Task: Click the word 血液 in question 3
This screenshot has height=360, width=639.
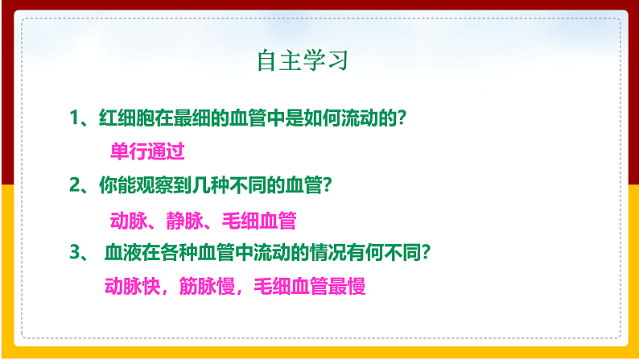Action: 123,253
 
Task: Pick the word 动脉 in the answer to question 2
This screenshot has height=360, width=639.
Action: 127,220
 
